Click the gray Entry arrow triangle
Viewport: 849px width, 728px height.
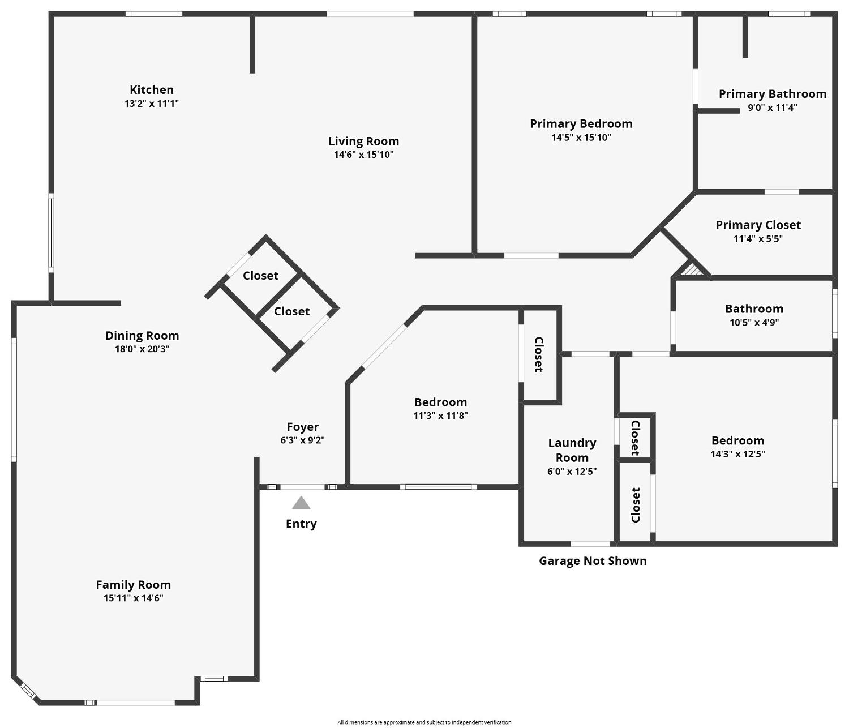click(x=301, y=503)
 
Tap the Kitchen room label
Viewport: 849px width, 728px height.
click(x=152, y=89)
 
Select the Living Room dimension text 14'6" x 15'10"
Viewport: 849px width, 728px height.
click(x=363, y=155)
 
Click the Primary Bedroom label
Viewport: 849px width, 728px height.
click(x=581, y=123)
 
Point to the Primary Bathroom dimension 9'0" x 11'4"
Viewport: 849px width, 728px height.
click(x=772, y=108)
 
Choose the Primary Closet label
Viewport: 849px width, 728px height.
click(x=758, y=225)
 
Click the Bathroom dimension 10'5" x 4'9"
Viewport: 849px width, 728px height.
click(x=754, y=323)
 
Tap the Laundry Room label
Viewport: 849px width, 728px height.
click(x=572, y=450)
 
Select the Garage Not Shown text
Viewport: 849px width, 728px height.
click(x=592, y=561)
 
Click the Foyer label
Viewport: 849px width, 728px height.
click(x=302, y=427)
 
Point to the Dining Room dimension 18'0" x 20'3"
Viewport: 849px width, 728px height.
click(x=142, y=349)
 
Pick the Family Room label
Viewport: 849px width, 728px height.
click(x=133, y=585)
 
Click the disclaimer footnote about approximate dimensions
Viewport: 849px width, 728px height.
click(x=424, y=722)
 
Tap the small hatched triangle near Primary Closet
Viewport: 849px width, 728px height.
click(x=693, y=269)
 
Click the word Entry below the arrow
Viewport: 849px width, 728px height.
click(x=301, y=524)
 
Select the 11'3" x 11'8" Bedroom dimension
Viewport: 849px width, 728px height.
click(x=440, y=416)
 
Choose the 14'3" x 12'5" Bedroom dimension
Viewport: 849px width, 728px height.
click(x=737, y=454)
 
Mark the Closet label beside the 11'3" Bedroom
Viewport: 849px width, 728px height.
click(x=538, y=354)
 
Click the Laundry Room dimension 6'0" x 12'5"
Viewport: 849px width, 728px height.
click(x=572, y=472)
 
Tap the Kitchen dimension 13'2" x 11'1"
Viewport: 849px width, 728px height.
click(x=152, y=104)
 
